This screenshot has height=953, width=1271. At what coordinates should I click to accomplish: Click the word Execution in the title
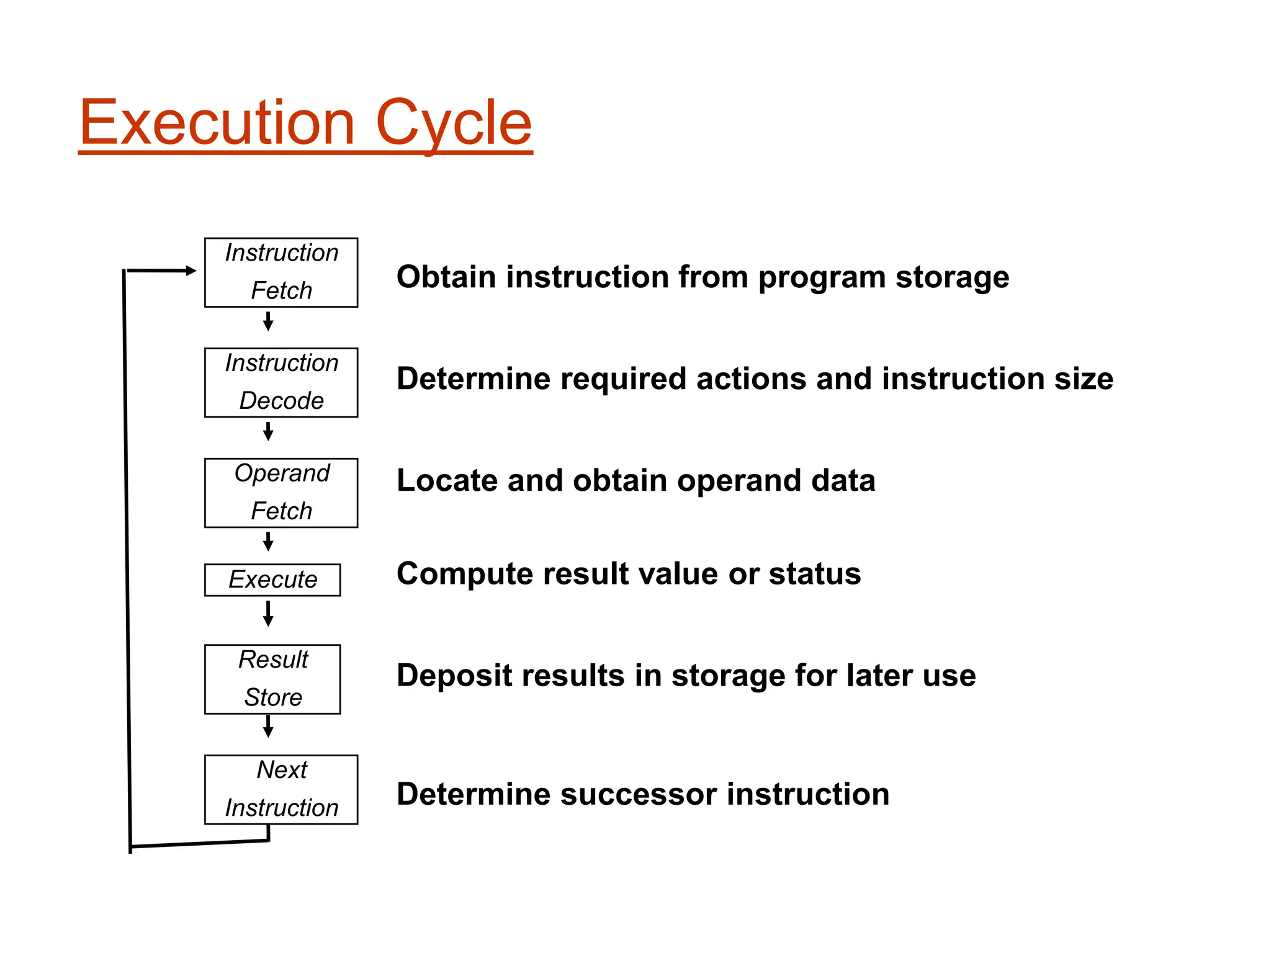coord(217,123)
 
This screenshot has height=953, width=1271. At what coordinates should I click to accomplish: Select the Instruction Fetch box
coord(281,272)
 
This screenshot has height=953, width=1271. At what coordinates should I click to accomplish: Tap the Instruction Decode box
coord(281,382)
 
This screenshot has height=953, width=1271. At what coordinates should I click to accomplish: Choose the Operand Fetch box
coord(281,493)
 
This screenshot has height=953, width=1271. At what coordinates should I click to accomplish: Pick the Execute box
coord(272,579)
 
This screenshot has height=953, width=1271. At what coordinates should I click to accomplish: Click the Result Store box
coord(272,679)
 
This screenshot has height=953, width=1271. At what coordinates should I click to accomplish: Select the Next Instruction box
coord(281,789)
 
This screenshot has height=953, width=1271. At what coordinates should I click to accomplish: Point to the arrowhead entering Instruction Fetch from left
coord(190,271)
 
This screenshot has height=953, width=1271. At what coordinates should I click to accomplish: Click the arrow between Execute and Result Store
coord(268,613)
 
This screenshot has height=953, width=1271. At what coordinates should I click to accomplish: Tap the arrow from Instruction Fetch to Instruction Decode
coord(268,321)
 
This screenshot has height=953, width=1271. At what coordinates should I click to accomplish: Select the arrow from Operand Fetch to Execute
coord(268,542)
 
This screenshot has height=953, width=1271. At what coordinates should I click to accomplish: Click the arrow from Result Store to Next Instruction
coord(268,726)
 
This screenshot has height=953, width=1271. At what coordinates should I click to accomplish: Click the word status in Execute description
coord(815,574)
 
